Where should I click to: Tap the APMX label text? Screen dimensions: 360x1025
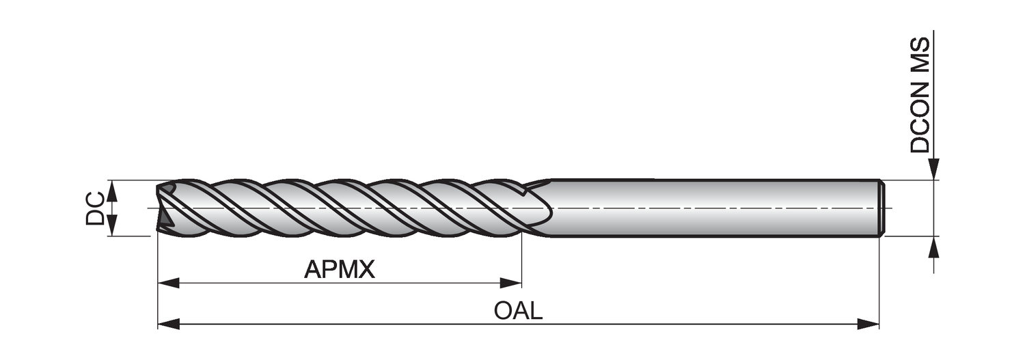[340, 270]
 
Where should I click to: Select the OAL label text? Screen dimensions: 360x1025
[518, 311]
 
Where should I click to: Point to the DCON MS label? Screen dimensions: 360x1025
[920, 95]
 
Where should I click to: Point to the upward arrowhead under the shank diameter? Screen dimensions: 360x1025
[933, 247]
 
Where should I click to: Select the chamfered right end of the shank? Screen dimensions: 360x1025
[881, 208]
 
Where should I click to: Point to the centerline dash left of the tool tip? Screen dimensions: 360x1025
[152, 208]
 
